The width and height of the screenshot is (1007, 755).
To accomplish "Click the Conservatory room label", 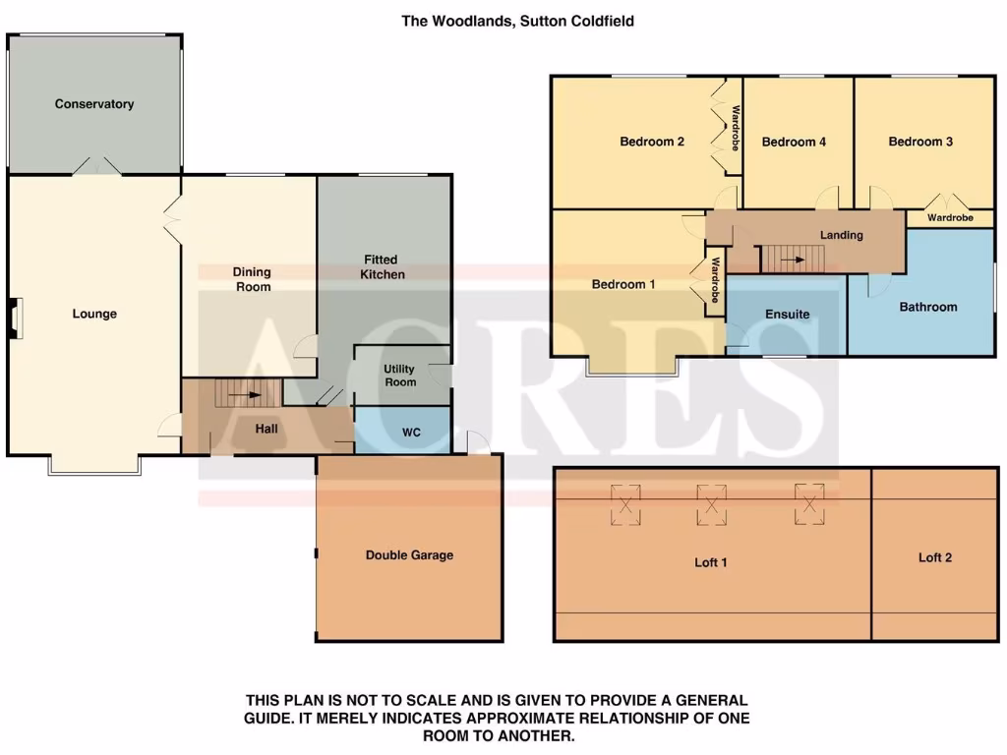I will [x=94, y=104].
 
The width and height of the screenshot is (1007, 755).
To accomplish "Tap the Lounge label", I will [x=94, y=315].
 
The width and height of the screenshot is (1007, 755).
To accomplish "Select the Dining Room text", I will [x=252, y=279].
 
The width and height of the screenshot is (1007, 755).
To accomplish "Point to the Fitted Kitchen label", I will [x=383, y=267].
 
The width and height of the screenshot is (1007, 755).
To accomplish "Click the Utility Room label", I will [x=400, y=376].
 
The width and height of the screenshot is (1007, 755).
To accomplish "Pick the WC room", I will [x=411, y=432].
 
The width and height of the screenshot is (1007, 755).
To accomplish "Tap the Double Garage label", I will [x=409, y=555].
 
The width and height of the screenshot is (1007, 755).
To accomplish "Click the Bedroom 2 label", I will [x=652, y=142].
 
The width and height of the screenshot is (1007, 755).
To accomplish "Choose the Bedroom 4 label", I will [x=794, y=142].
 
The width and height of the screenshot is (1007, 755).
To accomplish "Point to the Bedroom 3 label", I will [x=920, y=142].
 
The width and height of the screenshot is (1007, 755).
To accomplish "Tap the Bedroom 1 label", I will [x=623, y=285].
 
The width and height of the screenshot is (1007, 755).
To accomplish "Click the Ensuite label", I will [x=788, y=315].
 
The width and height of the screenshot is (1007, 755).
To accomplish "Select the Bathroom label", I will [x=928, y=307].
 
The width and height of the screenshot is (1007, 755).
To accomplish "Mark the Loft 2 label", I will [x=935, y=557].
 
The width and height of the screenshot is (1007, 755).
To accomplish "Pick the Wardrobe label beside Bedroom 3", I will [x=950, y=218].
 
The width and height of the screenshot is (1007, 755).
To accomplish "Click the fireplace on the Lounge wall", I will [x=14, y=319].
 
